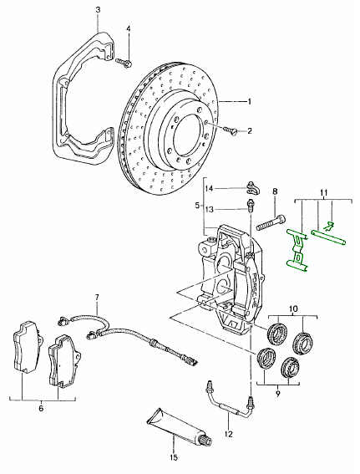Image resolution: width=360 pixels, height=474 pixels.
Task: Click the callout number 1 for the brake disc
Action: point(250,102)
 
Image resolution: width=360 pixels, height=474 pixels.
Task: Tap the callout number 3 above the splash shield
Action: point(99,10)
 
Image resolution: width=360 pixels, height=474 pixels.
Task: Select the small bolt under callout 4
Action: point(124,62)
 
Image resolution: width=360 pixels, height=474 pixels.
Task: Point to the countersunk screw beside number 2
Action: point(231,131)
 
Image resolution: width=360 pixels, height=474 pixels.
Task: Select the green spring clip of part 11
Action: point(297,248)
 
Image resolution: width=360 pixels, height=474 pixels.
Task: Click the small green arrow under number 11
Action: point(329,225)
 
